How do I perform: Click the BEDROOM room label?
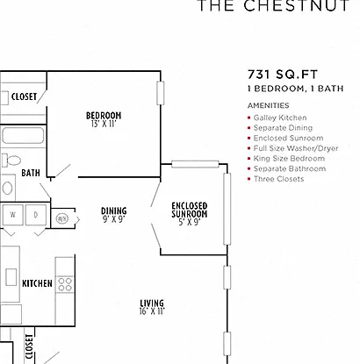pos(104,116)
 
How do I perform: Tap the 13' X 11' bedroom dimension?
pos(104,124)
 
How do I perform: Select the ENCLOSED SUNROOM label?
pos(190,210)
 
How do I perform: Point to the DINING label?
pos(114,211)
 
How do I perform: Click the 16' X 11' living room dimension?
pos(152,311)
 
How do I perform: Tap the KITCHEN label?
pos(37,283)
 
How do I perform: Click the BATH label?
pos(31,173)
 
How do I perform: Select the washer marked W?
pos(12,215)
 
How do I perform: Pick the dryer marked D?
pos(36,215)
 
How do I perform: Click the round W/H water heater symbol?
pos(61,218)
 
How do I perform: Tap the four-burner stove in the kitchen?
pos(65,284)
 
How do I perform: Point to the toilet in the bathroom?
pos(11,161)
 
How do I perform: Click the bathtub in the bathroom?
pos(23,135)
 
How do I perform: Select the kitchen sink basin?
pos(11,277)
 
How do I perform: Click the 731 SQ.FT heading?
pos(283,75)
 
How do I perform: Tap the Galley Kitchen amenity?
pos(280,118)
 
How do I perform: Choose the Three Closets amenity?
pos(278,179)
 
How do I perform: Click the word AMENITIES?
pos(269,105)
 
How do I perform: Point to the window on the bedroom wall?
pos(161,93)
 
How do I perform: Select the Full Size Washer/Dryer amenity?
pos(296,148)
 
